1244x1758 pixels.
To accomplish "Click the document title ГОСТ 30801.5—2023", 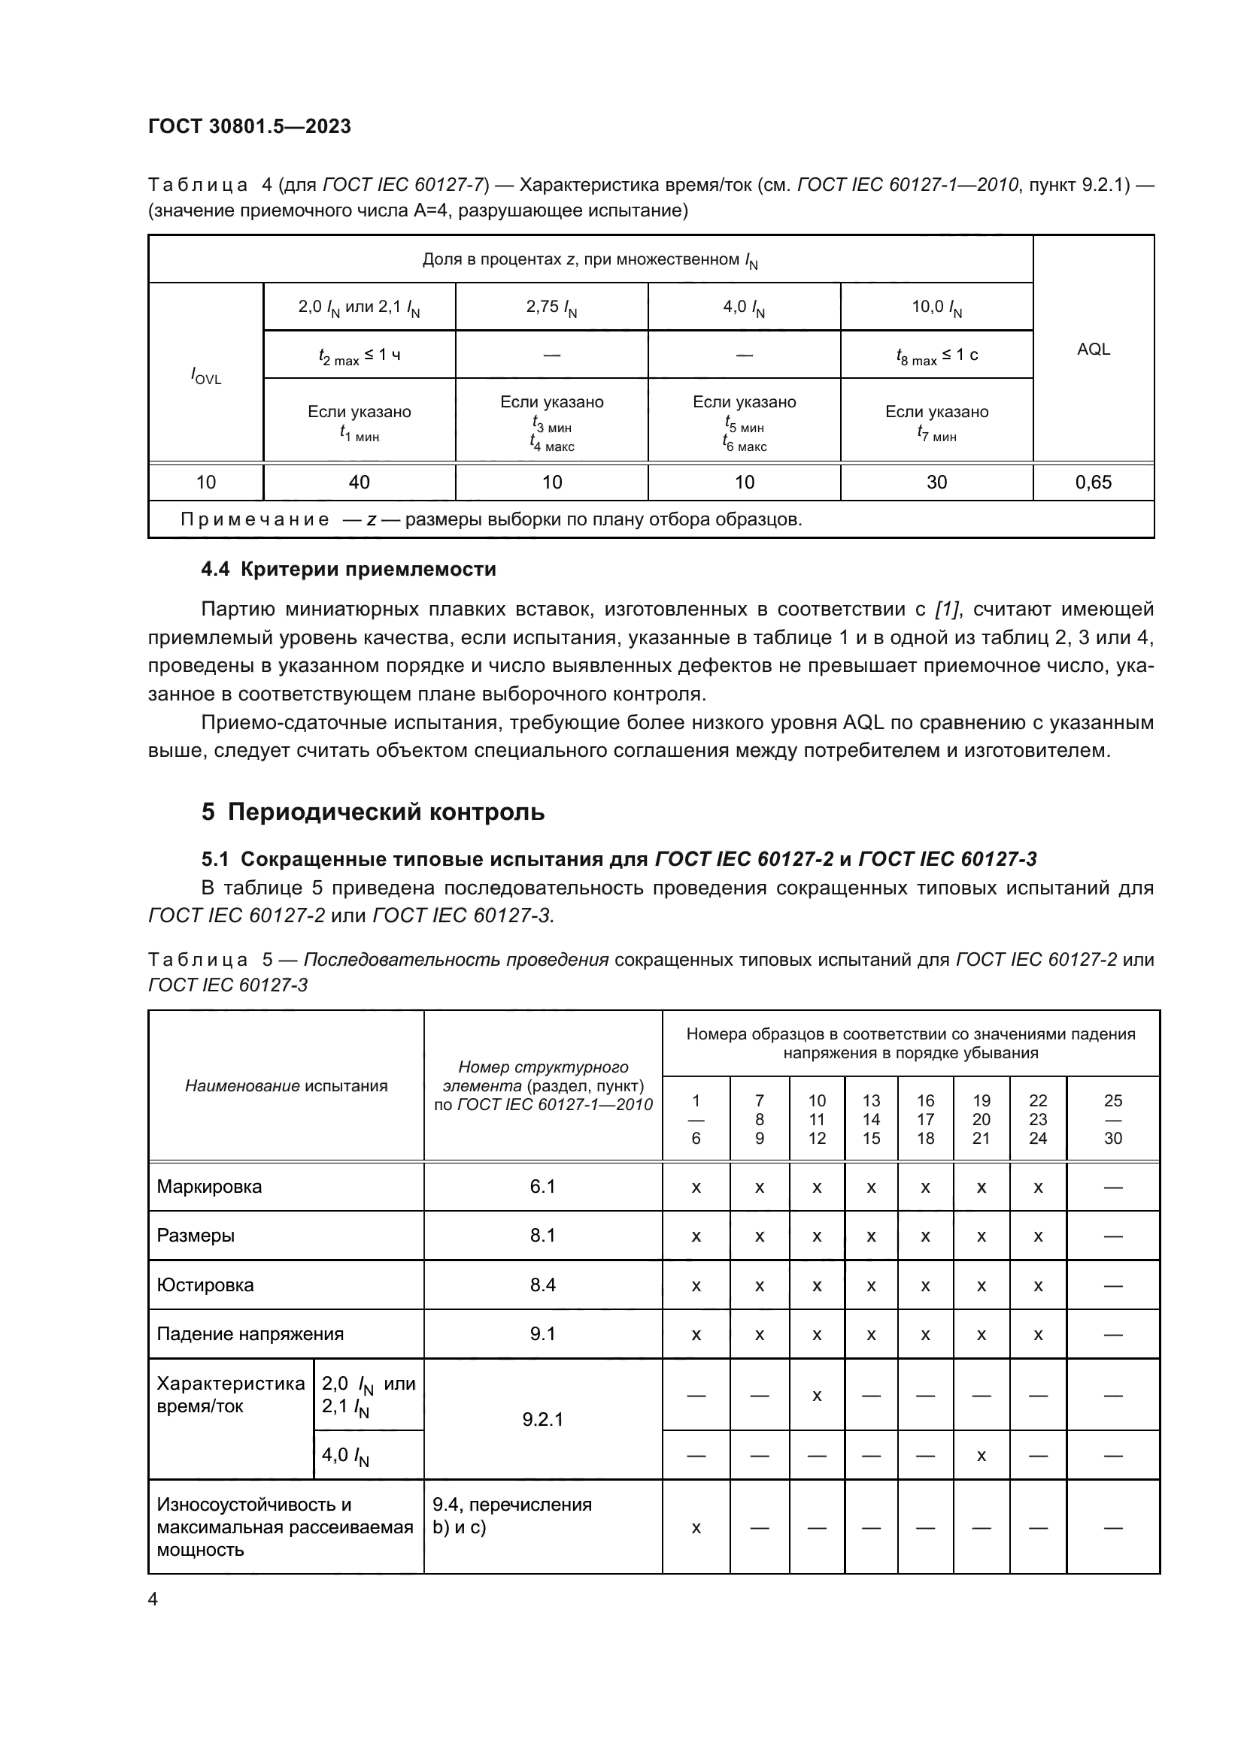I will [x=249, y=126].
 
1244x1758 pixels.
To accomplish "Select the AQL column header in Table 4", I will [x=1092, y=349].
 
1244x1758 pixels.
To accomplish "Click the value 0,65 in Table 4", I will [x=1092, y=483].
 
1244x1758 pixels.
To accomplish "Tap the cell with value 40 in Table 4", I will [x=359, y=483].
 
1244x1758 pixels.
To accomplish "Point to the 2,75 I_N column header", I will [x=551, y=308].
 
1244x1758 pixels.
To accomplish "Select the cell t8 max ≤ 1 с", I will [x=936, y=356].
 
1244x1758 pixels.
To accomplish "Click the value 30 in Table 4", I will [x=936, y=483].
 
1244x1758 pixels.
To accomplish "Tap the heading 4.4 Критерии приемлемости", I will [x=347, y=569].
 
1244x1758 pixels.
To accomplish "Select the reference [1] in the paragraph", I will [x=948, y=610].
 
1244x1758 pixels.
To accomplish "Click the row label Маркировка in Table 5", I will [x=209, y=1187].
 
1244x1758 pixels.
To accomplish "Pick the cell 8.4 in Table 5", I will [x=542, y=1284].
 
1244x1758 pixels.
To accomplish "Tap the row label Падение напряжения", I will [x=250, y=1334].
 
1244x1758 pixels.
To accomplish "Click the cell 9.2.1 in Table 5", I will [x=542, y=1420].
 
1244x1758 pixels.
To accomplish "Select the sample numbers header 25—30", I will [x=1112, y=1119].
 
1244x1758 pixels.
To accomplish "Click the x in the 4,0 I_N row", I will [x=981, y=1456].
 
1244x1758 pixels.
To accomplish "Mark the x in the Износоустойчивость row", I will [x=696, y=1528].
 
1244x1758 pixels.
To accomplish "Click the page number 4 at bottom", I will [x=153, y=1599].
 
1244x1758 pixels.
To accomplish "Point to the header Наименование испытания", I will [x=286, y=1086].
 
